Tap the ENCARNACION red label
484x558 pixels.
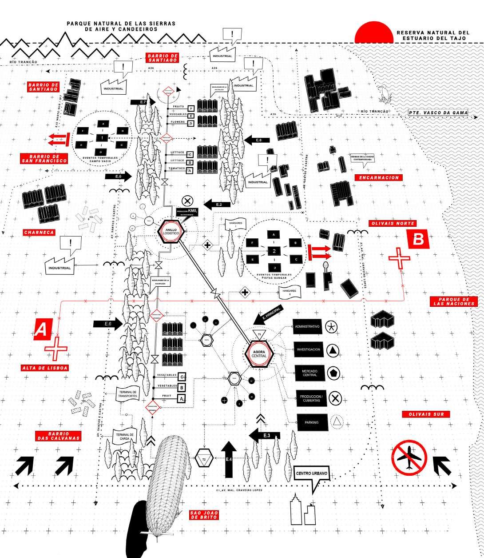click(x=378, y=177)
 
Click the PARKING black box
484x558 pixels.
click(x=311, y=422)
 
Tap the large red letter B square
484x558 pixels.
click(x=419, y=240)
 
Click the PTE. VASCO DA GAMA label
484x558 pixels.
click(x=438, y=113)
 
